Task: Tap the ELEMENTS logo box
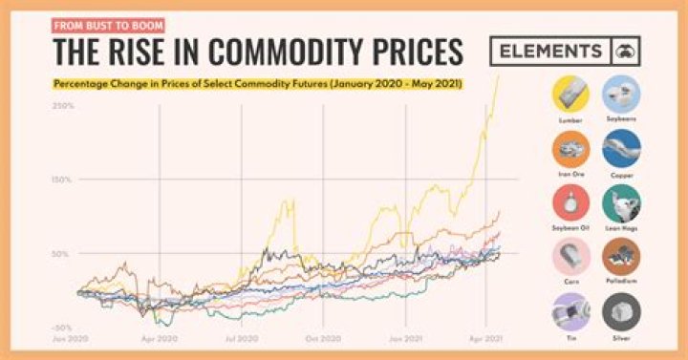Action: (x=564, y=52)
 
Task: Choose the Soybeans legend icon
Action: (x=622, y=95)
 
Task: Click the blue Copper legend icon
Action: (x=622, y=149)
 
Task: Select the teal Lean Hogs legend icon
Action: (x=622, y=203)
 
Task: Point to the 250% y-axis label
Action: (x=63, y=105)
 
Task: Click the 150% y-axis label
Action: (x=63, y=180)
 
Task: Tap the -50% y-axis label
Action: (x=63, y=328)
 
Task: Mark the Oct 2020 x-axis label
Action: (x=325, y=339)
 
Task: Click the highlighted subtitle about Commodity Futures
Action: (x=258, y=85)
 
